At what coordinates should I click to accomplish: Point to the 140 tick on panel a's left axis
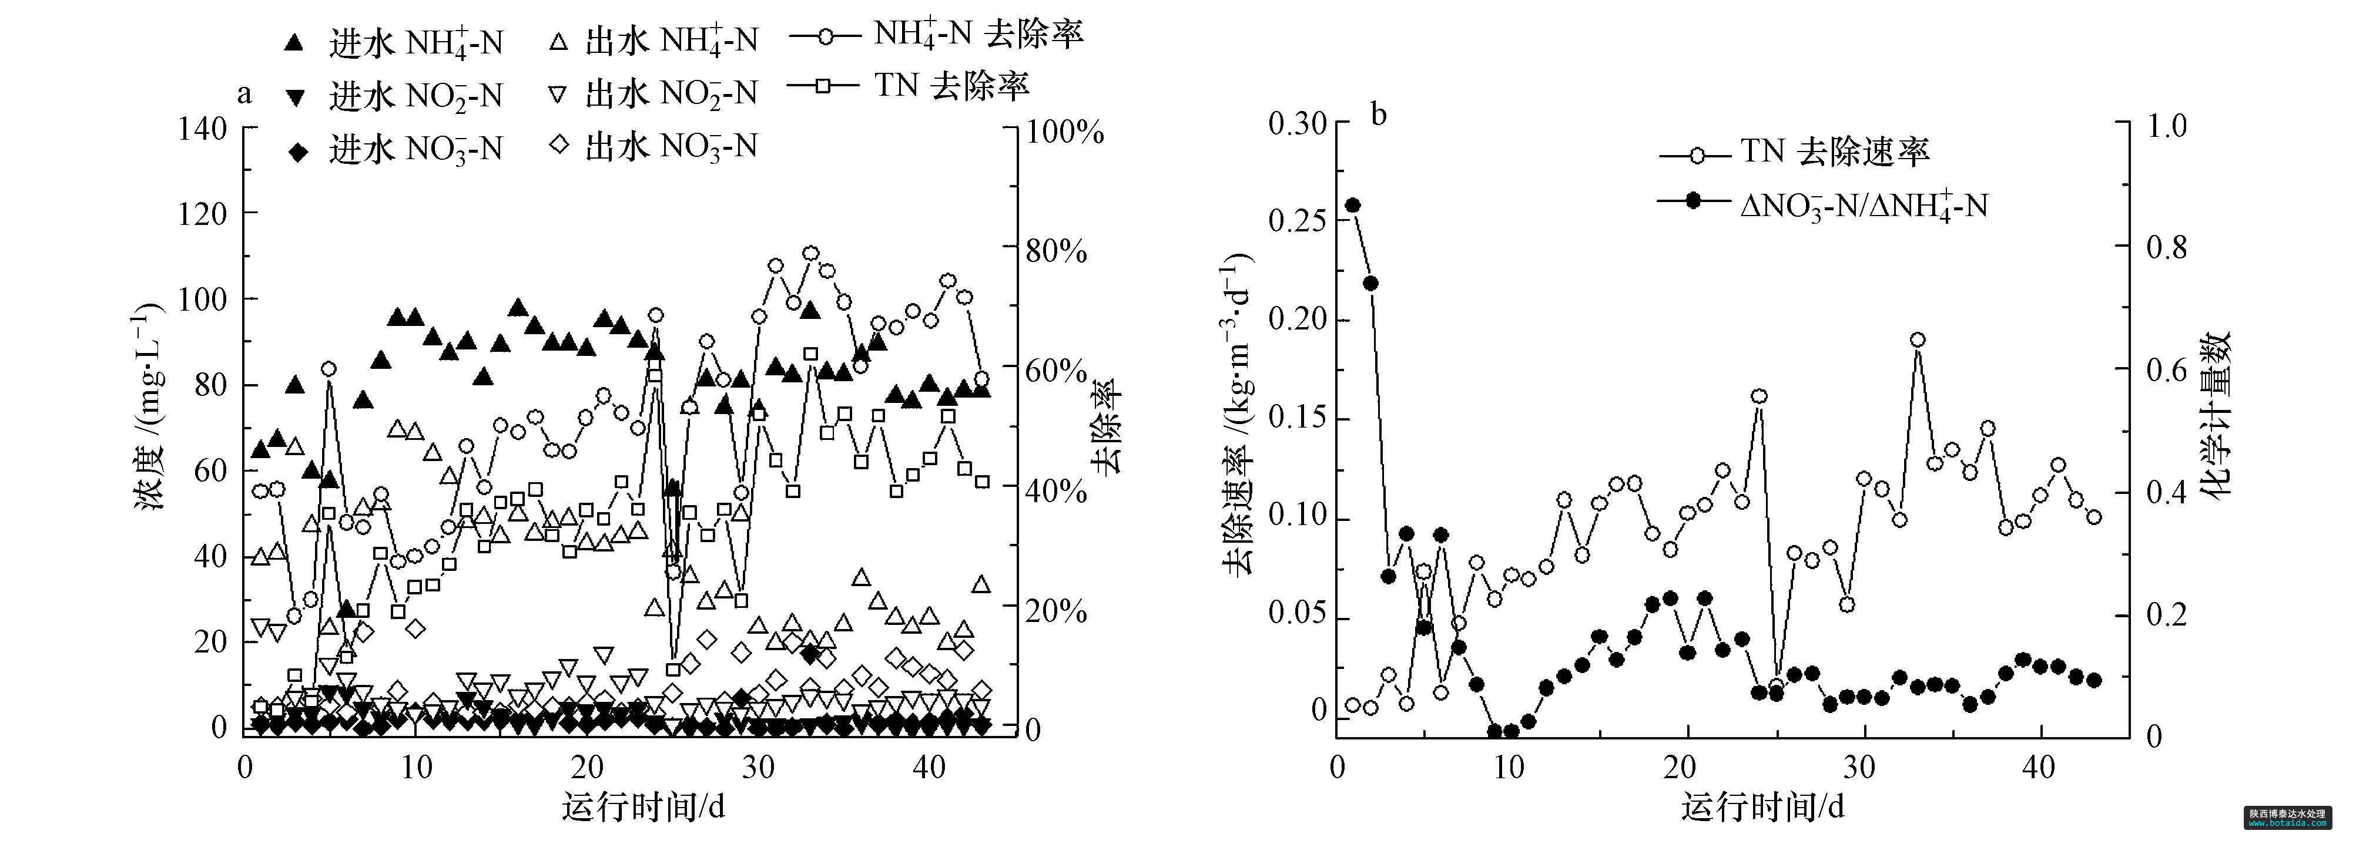(x=201, y=129)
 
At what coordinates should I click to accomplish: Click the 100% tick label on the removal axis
(x=1064, y=132)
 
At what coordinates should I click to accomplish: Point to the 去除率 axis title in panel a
(x=1107, y=425)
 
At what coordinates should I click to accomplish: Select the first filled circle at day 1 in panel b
(x=1353, y=206)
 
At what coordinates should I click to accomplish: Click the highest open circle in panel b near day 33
(x=1918, y=340)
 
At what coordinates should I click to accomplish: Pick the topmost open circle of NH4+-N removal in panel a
(x=810, y=253)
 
